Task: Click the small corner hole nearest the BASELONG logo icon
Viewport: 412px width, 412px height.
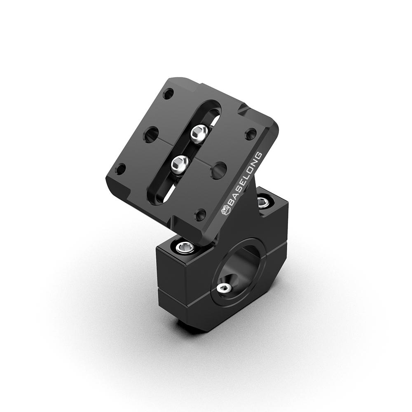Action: pyautogui.click(x=201, y=214)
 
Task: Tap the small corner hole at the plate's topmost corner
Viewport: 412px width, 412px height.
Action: pyautogui.click(x=168, y=94)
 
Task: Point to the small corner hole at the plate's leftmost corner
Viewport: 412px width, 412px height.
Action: pyautogui.click(x=120, y=169)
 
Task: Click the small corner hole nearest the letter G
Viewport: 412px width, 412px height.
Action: pyautogui.click(x=250, y=134)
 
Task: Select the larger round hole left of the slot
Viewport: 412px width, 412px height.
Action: pyautogui.click(x=151, y=134)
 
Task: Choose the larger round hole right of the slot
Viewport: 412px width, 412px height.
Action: pyautogui.click(x=219, y=170)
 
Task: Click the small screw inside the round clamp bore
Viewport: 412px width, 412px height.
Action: pyautogui.click(x=223, y=288)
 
